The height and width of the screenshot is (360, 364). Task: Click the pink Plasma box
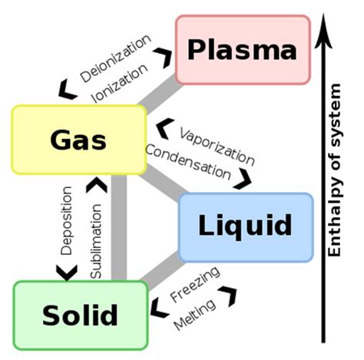243,50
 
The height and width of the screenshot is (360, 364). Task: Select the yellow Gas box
79,140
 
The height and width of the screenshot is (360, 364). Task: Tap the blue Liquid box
245,226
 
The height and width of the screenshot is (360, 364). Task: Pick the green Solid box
81,315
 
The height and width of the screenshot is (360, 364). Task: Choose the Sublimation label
96,240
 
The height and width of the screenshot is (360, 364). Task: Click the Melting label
194,313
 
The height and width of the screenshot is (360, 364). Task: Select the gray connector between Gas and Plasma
162,94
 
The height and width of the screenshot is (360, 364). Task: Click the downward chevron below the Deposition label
67,272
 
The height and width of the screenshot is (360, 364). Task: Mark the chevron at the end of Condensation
245,179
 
